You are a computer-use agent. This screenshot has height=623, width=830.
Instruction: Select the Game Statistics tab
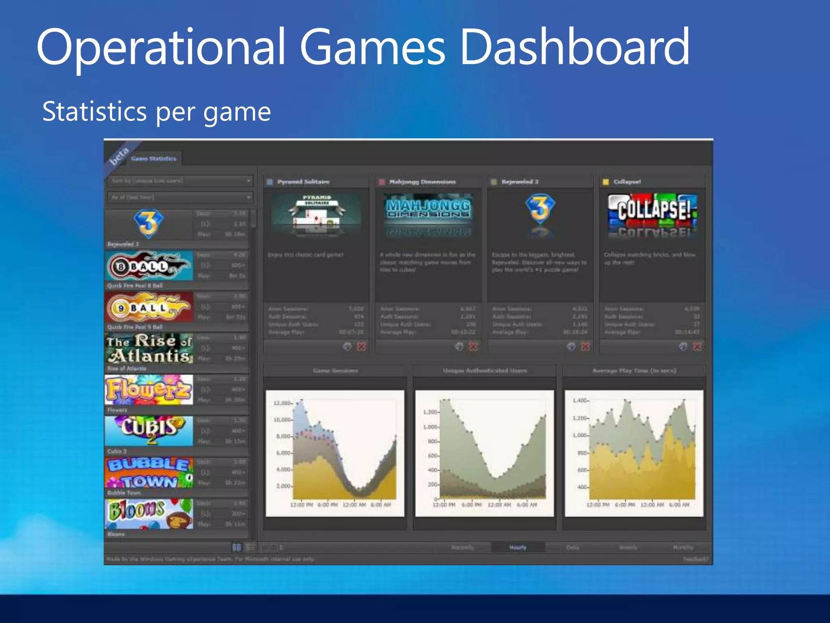tap(154, 159)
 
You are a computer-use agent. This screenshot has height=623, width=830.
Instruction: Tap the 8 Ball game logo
tap(148, 266)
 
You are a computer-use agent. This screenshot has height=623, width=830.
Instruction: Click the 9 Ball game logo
tap(148, 307)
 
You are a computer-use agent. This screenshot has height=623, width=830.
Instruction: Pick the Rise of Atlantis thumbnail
tap(149, 348)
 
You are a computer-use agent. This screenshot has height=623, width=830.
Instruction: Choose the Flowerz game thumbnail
tap(149, 390)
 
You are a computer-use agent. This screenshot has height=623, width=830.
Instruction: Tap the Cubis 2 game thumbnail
tap(149, 431)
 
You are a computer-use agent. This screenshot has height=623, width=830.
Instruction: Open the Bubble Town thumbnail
tap(149, 473)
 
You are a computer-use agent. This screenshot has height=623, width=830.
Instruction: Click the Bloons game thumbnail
tap(149, 514)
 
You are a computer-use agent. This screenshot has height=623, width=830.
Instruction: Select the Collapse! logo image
tap(652, 215)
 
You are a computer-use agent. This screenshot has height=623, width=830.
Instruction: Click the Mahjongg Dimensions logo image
tap(428, 215)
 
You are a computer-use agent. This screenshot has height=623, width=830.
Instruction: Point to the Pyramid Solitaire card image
tap(316, 215)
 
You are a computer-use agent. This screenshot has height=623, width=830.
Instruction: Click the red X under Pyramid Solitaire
tap(361, 346)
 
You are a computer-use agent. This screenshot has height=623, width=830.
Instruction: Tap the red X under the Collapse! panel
tap(697, 346)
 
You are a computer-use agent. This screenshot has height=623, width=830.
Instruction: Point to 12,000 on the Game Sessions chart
tap(282, 403)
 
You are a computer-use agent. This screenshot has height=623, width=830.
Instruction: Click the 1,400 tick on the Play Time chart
tap(580, 401)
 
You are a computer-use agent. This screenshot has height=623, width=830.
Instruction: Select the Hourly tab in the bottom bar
tap(518, 548)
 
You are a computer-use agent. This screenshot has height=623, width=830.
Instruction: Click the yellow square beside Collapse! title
tap(605, 182)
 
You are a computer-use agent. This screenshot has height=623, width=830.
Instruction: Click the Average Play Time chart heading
tap(634, 370)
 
